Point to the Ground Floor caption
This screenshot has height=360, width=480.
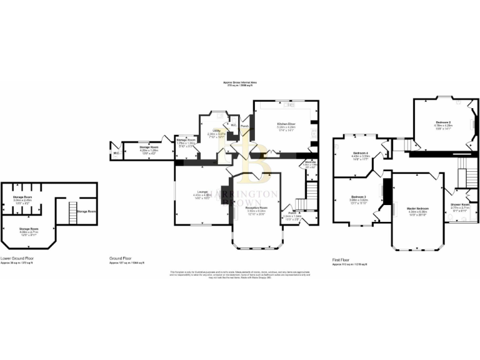[x=121, y=257]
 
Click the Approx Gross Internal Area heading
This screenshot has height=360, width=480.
[x=240, y=82]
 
